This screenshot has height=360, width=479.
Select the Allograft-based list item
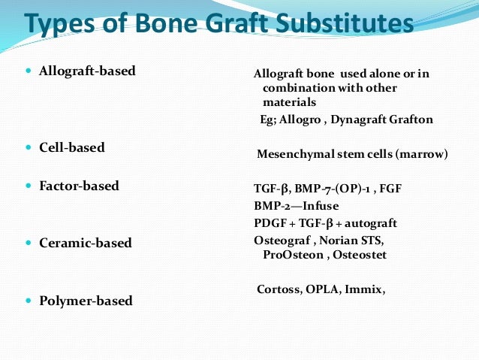click(87, 71)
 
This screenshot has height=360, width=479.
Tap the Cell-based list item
click(71, 147)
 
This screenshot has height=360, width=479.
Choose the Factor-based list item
click(79, 186)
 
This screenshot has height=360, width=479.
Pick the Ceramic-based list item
click(85, 243)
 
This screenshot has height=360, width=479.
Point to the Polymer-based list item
click(86, 301)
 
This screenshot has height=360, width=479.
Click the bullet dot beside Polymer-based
click(29, 301)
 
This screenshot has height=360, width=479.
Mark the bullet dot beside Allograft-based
click(29, 71)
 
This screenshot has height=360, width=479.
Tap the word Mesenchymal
click(294, 155)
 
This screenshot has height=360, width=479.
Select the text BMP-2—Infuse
click(297, 205)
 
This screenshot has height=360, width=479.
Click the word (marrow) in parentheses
click(422, 155)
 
